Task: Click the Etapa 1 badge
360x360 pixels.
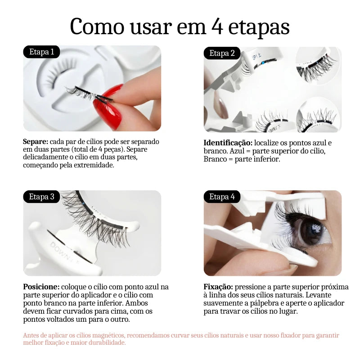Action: (x=41, y=52)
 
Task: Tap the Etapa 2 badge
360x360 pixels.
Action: (x=222, y=54)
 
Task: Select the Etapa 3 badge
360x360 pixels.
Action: (x=41, y=197)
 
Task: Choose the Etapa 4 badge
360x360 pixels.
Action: (x=222, y=197)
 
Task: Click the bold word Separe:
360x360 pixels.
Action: (x=35, y=142)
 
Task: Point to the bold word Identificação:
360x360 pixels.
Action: (x=228, y=143)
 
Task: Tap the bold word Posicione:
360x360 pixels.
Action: (x=41, y=287)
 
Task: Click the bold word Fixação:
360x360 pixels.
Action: (x=218, y=287)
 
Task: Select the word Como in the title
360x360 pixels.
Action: (x=96, y=27)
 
